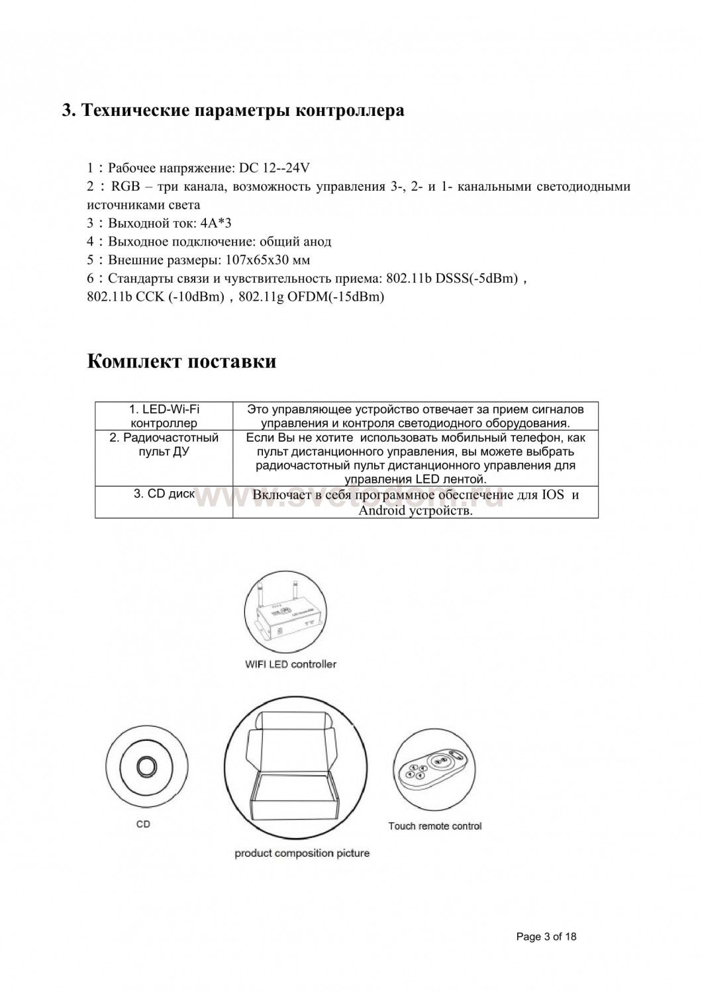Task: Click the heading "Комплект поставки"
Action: (181, 362)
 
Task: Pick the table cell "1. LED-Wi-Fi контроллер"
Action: (164, 416)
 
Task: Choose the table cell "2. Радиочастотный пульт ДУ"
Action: (164, 445)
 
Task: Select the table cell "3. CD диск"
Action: (164, 494)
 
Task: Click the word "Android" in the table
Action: (382, 511)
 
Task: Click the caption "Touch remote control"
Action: (434, 826)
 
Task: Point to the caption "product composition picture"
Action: (302, 853)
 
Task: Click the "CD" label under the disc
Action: (143, 824)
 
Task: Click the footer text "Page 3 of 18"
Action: (546, 937)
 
